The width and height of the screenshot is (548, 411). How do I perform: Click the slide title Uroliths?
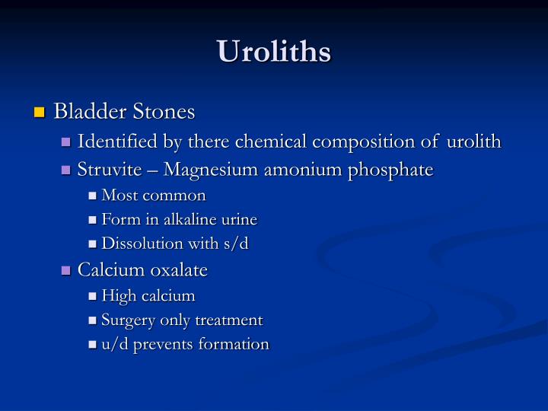click(274, 52)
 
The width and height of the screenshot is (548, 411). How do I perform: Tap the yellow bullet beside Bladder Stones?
click(40, 113)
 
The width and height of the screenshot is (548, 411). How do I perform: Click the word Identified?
click(114, 142)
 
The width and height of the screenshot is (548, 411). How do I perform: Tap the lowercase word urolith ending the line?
click(474, 142)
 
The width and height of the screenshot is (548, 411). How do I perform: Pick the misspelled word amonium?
click(301, 169)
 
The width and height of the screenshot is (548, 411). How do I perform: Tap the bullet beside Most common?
click(93, 196)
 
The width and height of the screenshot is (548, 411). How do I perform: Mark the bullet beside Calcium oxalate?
click(66, 270)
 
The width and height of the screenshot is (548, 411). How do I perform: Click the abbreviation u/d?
click(115, 344)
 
